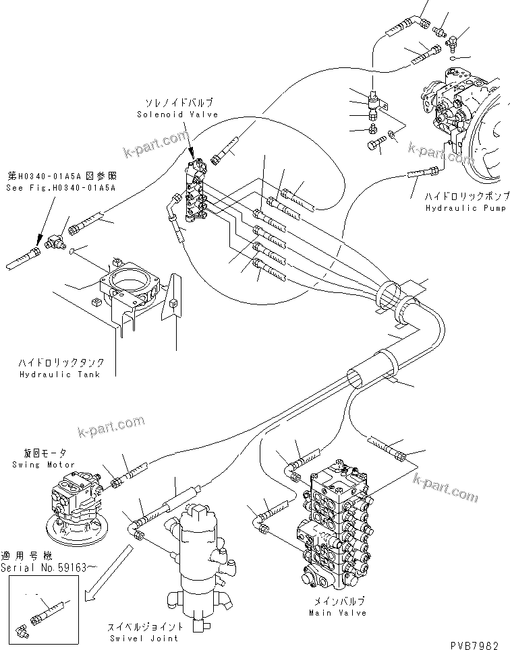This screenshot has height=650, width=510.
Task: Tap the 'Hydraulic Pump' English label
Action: (465, 209)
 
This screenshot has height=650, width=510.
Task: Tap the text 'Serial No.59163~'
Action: (41, 568)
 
